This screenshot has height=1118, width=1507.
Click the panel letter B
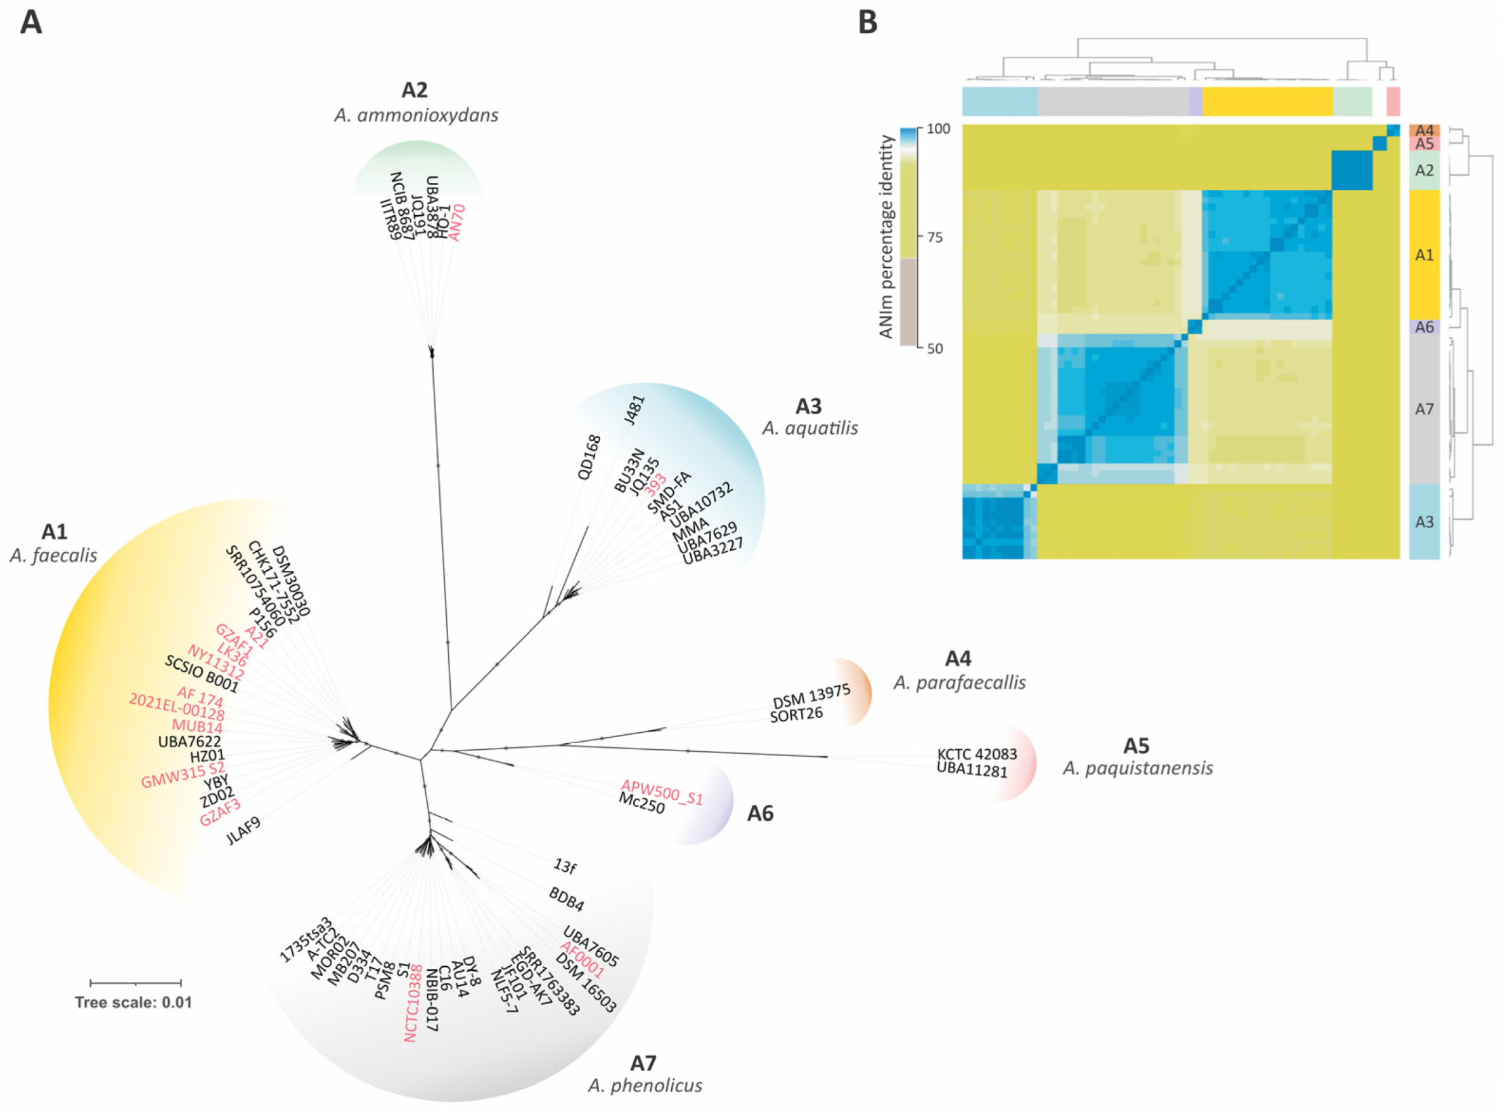(867, 22)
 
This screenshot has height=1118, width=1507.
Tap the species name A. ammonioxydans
(416, 115)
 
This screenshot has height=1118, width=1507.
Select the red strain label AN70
(457, 222)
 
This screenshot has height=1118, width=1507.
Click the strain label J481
(635, 410)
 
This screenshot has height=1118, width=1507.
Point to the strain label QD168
(589, 457)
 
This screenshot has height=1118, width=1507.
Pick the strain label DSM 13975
(811, 696)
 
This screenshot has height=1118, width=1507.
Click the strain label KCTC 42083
(977, 754)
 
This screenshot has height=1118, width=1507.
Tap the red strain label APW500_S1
(662, 793)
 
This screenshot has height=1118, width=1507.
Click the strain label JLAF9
(243, 831)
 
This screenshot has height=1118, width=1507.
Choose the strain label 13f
(565, 866)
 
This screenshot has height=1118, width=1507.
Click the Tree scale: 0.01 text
(133, 1002)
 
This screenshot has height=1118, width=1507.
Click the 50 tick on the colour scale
(934, 348)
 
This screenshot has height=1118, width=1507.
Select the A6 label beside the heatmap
(1424, 327)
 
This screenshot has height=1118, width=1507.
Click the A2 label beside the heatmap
(1424, 170)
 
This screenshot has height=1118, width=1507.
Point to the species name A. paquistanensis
(1138, 768)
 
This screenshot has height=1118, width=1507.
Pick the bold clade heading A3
(808, 406)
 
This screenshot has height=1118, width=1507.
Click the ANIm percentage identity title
(886, 236)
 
